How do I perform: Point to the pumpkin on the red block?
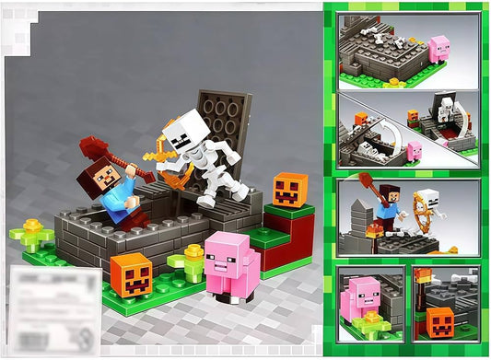point(289,190)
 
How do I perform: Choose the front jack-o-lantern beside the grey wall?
point(131,274)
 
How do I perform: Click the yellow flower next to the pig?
point(193,259)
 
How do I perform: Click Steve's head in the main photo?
point(103,174)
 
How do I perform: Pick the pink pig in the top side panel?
point(439,48)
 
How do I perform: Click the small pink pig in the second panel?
point(415,150)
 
